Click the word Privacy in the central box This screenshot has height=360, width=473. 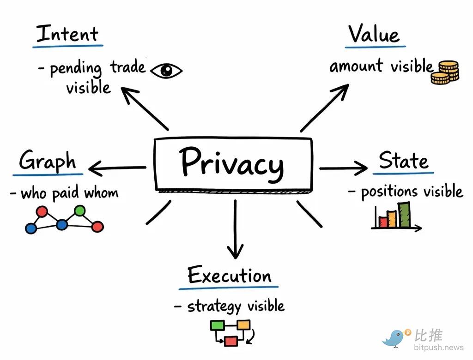tap(232, 163)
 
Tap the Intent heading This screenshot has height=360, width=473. tap(67, 34)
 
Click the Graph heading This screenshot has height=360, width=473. tap(48, 161)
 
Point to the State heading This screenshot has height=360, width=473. tap(403, 161)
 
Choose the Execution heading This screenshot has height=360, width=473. tap(230, 276)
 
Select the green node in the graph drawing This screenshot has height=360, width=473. tap(80, 211)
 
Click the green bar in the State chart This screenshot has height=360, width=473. tap(405, 215)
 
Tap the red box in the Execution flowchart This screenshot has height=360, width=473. tap(230, 341)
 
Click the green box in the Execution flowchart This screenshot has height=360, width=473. tap(217, 325)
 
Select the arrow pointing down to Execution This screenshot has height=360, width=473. tap(235, 229)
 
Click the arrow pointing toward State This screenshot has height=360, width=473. tap(343, 168)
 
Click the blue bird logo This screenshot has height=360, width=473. tap(394, 338)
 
